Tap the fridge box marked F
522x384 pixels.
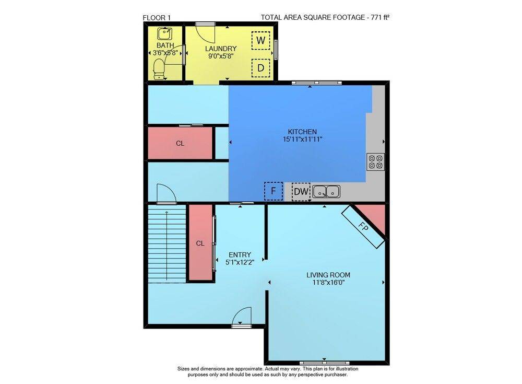(273, 191)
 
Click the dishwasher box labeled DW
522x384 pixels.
(301, 192)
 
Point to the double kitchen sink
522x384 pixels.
(326, 192)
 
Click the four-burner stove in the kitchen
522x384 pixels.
(375, 161)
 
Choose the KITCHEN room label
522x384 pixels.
(302, 131)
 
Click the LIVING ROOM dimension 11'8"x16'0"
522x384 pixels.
(328, 283)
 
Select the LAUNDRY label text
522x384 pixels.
(221, 49)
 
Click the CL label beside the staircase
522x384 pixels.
(200, 243)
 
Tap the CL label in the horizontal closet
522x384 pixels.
(180, 143)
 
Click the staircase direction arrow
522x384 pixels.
(166, 246)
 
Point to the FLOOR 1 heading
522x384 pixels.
(157, 18)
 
